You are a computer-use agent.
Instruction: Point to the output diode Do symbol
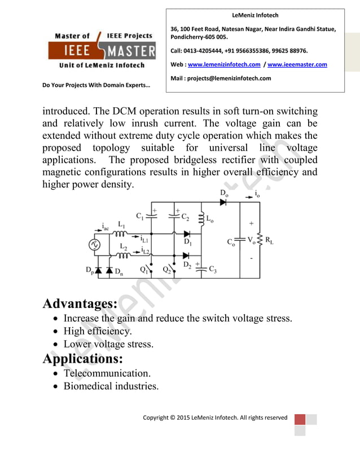point(223,203)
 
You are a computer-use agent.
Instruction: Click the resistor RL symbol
point(260,240)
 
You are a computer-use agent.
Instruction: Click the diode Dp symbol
point(99,271)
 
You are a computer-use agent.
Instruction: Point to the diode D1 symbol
point(187,234)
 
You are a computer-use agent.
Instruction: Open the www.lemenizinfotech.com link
point(223,65)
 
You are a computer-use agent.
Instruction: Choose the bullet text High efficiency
point(98,331)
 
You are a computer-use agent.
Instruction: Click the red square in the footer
point(300,420)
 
